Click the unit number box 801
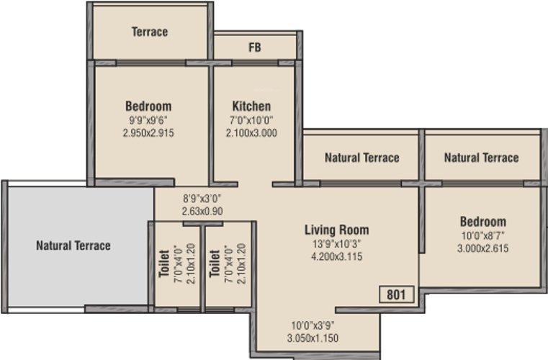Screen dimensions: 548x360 [397, 294]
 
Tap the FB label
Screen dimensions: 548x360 [255, 48]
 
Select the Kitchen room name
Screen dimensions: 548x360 [251, 106]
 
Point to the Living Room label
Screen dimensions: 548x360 [337, 230]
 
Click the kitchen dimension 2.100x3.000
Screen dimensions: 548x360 [251, 132]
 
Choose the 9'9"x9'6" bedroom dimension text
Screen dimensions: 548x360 [148, 120]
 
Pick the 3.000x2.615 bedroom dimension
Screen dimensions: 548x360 [482, 248]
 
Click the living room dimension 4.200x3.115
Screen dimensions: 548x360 [337, 256]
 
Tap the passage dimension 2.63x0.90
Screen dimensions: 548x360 [202, 211]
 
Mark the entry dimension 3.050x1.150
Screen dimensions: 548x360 [313, 338]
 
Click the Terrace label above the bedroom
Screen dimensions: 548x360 [150, 32]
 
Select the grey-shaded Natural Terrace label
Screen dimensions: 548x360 [73, 246]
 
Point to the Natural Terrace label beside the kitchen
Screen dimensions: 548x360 [362, 158]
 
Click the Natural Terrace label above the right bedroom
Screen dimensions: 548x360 [481, 158]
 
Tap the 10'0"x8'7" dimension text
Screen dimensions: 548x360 [482, 235]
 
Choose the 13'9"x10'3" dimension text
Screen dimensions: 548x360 [337, 243]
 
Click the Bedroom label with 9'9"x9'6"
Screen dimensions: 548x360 [148, 106]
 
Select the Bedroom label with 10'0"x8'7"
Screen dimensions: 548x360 [482, 221]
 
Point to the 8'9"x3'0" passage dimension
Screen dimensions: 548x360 [202, 199]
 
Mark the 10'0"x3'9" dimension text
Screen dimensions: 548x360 [313, 325]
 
